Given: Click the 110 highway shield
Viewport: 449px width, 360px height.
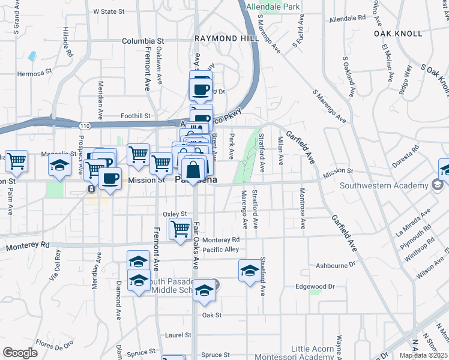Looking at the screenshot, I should (x=85, y=125).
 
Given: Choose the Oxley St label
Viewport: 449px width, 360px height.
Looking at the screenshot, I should (x=175, y=214).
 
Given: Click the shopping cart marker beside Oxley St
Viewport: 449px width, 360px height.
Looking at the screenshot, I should (x=180, y=229).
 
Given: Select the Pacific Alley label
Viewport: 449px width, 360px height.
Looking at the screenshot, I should (x=221, y=250).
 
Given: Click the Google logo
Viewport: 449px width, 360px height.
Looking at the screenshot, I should (x=20, y=352).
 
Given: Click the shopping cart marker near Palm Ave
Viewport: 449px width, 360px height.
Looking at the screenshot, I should (x=16, y=160).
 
